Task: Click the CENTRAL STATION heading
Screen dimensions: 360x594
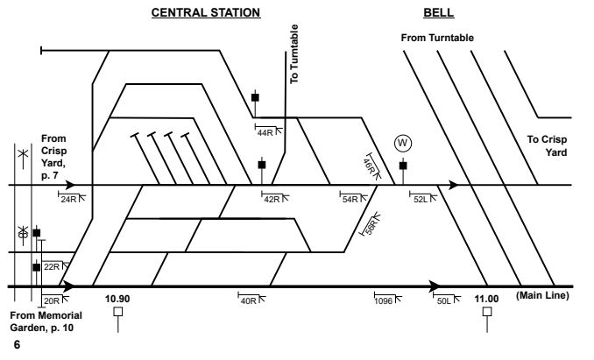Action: coord(206,13)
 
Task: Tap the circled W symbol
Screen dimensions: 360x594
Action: coord(402,143)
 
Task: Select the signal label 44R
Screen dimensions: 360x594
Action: coord(265,132)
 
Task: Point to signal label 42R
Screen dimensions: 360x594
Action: coord(271,199)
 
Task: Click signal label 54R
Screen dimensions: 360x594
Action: coord(350,199)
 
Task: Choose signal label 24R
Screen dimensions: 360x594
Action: coord(69,199)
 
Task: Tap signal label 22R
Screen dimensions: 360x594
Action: coord(52,266)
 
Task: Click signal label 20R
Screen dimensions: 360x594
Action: coord(52,300)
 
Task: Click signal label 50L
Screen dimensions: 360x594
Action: coord(445,300)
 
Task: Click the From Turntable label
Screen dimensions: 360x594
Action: coord(437,38)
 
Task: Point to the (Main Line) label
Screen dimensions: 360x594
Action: coord(542,295)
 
